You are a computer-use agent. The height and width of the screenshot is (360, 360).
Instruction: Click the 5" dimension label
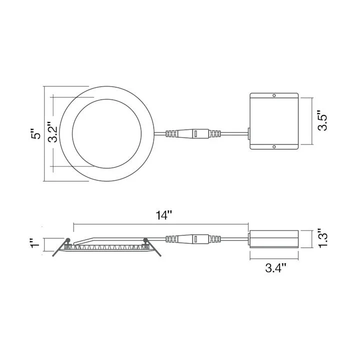point(36,133)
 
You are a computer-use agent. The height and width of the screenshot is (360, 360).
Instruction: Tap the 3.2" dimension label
point(53,132)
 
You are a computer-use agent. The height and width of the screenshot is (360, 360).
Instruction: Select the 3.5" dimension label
point(322,121)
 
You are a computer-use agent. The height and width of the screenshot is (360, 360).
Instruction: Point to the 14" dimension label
point(163,215)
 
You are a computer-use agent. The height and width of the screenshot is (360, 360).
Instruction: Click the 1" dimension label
point(35,243)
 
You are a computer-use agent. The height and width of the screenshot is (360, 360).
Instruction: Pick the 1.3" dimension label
point(322,238)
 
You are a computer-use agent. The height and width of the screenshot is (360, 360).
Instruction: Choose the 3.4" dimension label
point(275,268)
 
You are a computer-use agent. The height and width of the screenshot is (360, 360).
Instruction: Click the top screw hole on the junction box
point(274,95)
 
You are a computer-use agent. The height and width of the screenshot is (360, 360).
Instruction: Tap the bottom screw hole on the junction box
point(274,146)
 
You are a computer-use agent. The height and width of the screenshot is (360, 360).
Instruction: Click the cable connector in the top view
point(193,133)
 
